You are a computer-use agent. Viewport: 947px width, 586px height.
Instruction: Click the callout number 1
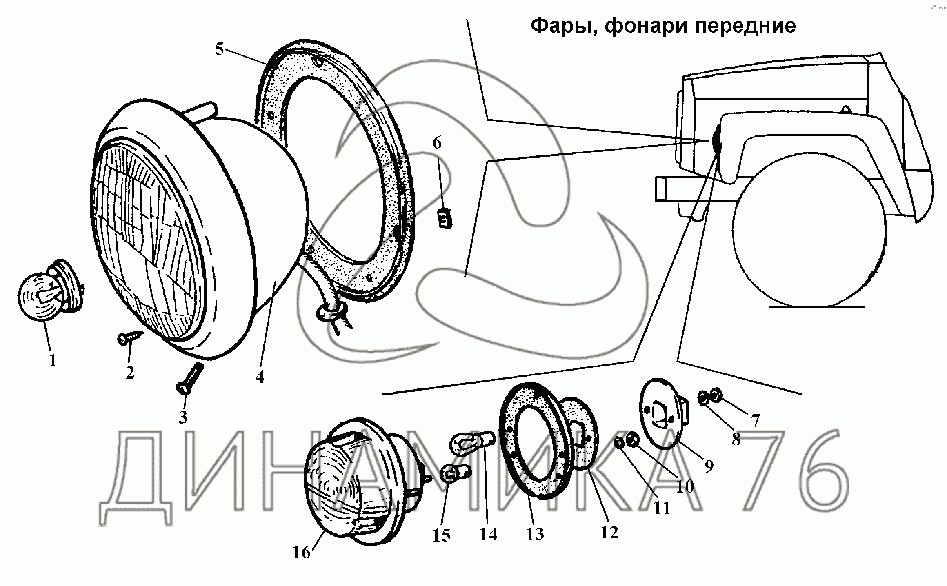pos(53,360)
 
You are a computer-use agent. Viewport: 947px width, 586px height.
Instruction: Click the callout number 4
pos(260,377)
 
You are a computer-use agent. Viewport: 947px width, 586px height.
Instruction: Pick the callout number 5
pos(220,50)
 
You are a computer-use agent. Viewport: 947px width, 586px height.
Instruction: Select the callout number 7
pos(755,420)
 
